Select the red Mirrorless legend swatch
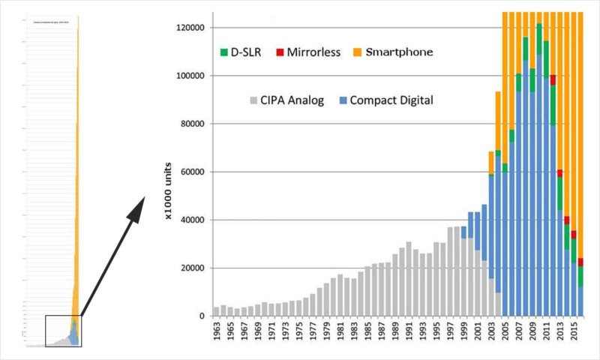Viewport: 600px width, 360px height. coord(280,52)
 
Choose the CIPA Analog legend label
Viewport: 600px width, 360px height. coord(292,100)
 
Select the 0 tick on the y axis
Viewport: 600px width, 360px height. coord(202,316)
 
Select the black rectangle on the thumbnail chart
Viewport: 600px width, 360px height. coord(63,331)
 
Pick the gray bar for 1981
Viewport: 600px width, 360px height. coord(340,295)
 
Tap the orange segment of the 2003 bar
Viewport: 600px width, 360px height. coord(491,162)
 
